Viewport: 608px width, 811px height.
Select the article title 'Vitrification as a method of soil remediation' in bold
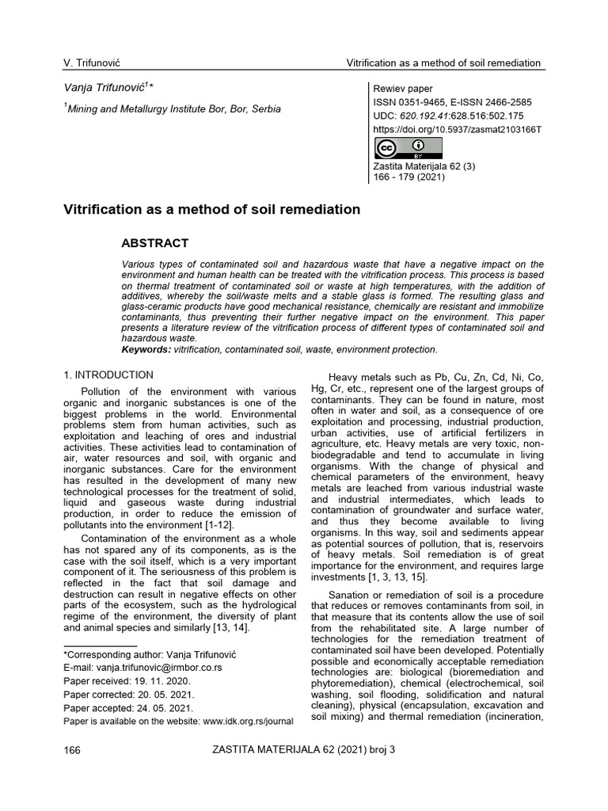coord(211,210)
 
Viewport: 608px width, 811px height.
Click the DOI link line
coord(457,128)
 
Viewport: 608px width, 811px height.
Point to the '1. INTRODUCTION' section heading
coord(108,375)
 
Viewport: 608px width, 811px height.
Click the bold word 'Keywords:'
coord(146,349)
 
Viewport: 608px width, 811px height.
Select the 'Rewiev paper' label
coord(403,89)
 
